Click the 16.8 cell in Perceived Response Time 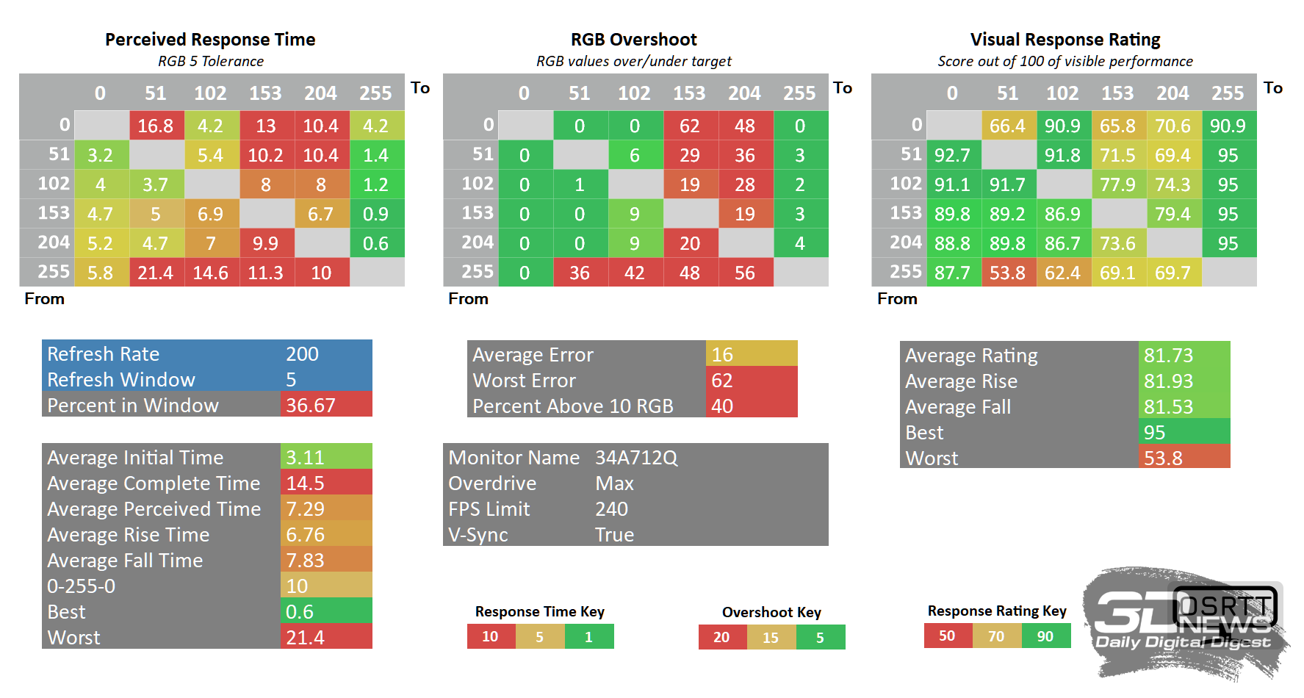coord(156,126)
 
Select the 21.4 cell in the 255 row coord(156,273)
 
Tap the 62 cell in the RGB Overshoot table coord(691,126)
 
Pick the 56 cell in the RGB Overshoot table coord(746,273)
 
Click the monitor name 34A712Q coord(636,458)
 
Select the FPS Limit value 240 coord(611,509)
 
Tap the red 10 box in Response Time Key coord(491,636)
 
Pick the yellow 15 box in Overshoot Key coord(771,637)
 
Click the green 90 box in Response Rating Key coord(1045,636)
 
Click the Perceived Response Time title coord(210,40)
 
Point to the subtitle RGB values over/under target coord(634,61)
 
